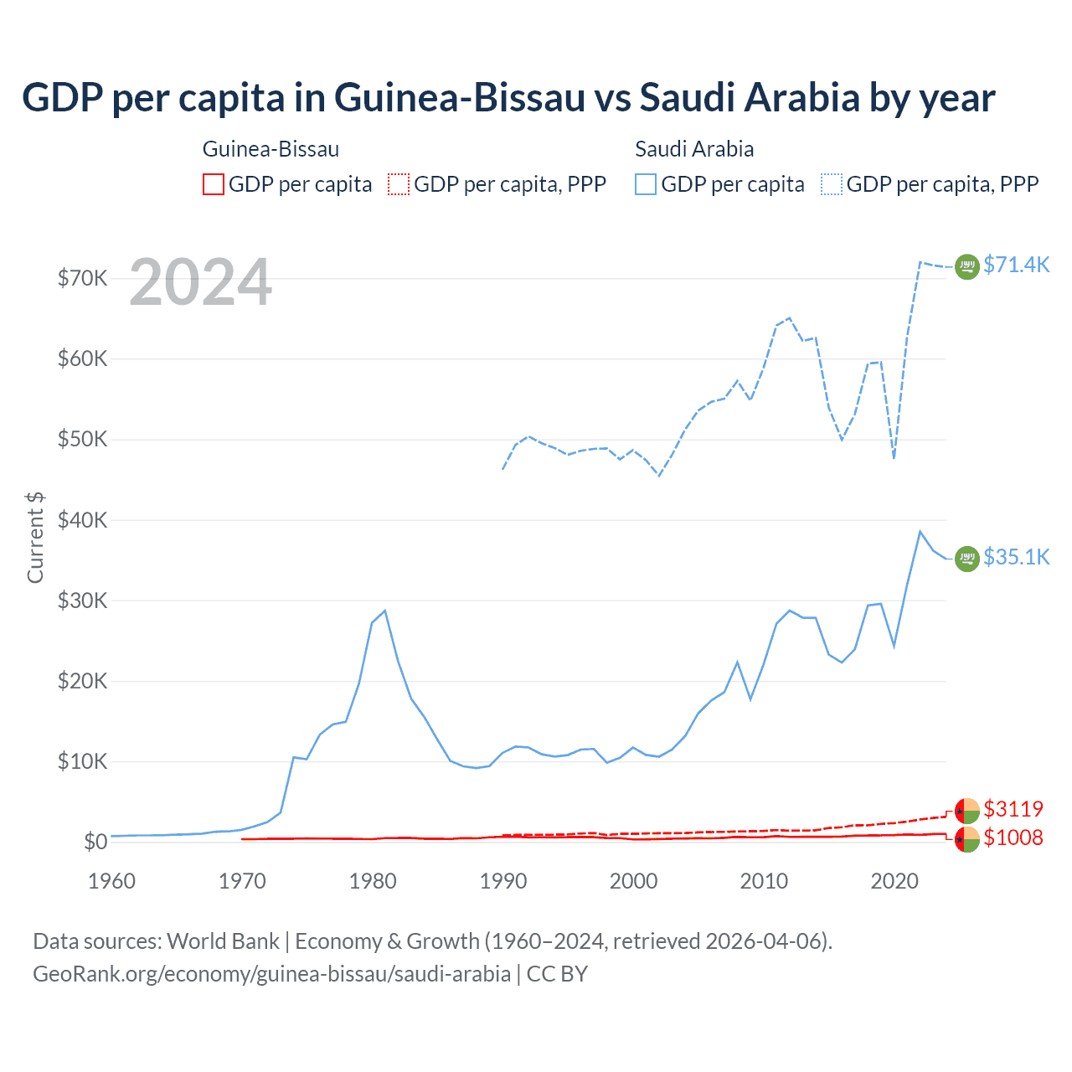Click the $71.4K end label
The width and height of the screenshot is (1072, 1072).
pyautogui.click(x=1016, y=265)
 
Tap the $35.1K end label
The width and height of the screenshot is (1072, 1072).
pyautogui.click(x=1016, y=557)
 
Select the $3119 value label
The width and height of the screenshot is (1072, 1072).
pyautogui.click(x=1013, y=809)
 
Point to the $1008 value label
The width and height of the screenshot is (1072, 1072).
pyautogui.click(x=1013, y=837)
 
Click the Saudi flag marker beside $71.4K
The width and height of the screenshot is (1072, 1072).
pyautogui.click(x=967, y=266)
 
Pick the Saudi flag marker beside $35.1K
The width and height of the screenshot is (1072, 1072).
pyautogui.click(x=967, y=558)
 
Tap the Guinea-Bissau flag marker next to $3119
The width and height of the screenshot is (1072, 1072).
pyautogui.click(x=967, y=811)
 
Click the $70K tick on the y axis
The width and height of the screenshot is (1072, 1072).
pyautogui.click(x=82, y=278)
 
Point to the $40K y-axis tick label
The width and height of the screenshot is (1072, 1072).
pyautogui.click(x=82, y=520)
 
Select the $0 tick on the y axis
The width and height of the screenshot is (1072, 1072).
pyautogui.click(x=95, y=842)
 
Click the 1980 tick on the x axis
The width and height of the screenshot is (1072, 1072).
pyautogui.click(x=373, y=881)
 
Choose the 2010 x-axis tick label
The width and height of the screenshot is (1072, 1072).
pyautogui.click(x=764, y=881)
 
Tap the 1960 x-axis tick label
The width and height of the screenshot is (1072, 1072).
pyautogui.click(x=112, y=881)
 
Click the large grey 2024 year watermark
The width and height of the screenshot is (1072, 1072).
pyautogui.click(x=200, y=283)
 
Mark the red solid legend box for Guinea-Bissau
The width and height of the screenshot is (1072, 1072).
pyautogui.click(x=214, y=184)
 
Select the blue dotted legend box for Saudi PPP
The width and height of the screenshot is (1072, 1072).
pyautogui.click(x=832, y=184)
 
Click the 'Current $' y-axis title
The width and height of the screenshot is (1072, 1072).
pyautogui.click(x=35, y=538)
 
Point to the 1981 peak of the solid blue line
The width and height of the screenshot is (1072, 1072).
pyautogui.click(x=384, y=611)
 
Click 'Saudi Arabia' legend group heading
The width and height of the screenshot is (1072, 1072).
pyautogui.click(x=694, y=149)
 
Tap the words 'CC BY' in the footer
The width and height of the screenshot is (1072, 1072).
pyautogui.click(x=557, y=974)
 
